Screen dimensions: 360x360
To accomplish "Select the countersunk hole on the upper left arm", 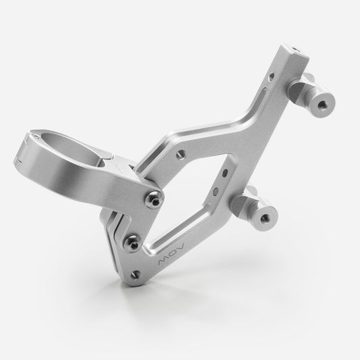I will (x=181, y=155).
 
